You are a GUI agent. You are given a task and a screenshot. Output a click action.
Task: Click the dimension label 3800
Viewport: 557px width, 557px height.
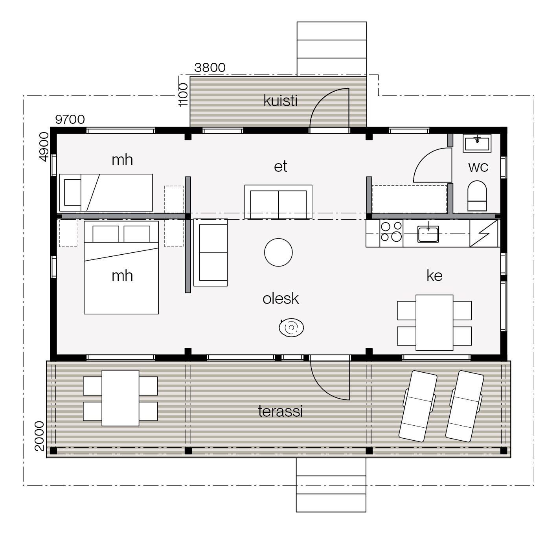(x=210, y=68)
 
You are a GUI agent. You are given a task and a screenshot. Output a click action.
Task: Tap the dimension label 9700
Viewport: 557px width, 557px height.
(x=70, y=119)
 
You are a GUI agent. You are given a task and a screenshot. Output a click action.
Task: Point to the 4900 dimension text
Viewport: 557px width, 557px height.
(x=44, y=147)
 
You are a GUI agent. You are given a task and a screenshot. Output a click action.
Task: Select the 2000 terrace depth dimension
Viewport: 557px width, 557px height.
(x=39, y=436)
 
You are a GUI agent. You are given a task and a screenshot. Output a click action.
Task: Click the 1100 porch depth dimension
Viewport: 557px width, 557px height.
(x=183, y=95)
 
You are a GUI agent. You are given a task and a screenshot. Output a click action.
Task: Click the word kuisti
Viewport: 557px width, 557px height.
(x=280, y=101)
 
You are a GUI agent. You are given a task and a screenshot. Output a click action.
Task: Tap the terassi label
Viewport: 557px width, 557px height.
(x=280, y=411)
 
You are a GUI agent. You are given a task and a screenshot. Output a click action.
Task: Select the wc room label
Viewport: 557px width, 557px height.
(x=478, y=167)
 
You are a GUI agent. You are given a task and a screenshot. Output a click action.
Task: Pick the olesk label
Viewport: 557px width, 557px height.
(x=280, y=298)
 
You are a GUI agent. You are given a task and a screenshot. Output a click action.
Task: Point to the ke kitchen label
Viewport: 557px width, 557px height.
(x=434, y=276)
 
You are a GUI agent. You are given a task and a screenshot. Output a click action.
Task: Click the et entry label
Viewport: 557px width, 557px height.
(x=280, y=167)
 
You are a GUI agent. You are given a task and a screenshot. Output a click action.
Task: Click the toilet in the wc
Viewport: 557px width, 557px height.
(x=477, y=196)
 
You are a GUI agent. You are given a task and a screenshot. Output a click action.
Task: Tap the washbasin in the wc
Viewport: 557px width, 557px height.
(x=477, y=143)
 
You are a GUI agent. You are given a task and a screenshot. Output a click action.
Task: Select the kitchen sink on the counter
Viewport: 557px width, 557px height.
(x=428, y=234)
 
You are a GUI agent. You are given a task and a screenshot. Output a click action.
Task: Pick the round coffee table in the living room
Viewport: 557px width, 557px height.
(x=278, y=252)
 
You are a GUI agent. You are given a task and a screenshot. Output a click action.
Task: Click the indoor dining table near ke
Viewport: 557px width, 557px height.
(x=434, y=323)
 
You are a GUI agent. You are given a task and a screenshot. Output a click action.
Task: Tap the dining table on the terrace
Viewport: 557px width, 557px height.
(x=120, y=398)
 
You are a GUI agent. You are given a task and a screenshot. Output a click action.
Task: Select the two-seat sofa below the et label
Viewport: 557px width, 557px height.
(x=278, y=202)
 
